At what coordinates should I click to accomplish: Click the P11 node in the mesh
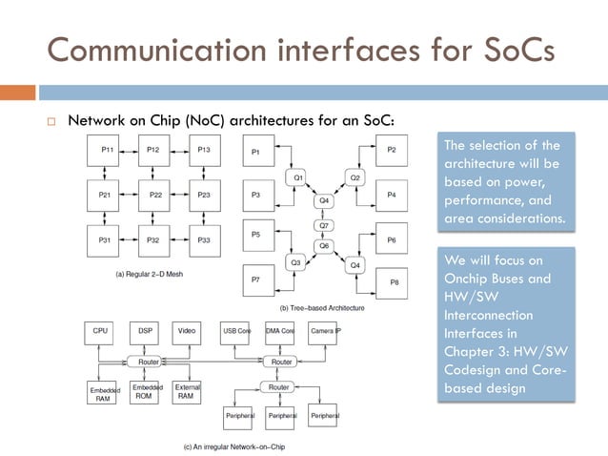109,151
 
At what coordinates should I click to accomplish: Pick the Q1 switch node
297,177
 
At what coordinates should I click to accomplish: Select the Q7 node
324,225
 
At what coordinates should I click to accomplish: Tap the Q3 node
296,261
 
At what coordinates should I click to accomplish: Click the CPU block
100,331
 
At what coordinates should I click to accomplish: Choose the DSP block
145,331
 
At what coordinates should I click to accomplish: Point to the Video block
188,331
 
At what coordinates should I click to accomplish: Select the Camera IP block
326,331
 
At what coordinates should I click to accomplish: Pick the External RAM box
187,393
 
